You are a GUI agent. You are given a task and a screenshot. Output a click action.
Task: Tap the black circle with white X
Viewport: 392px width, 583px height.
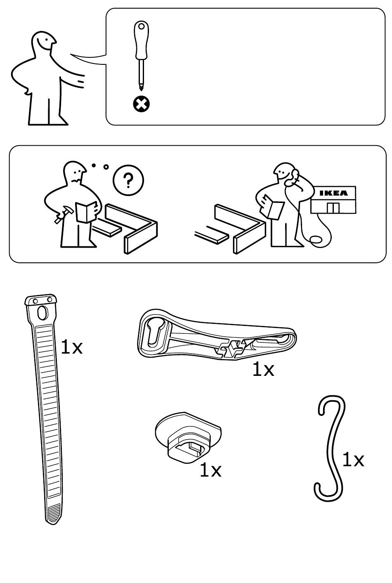point(141,104)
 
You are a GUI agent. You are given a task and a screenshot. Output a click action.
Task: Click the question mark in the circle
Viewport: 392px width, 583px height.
point(128,180)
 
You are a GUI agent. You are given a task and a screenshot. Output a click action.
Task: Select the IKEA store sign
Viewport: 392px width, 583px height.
point(333,193)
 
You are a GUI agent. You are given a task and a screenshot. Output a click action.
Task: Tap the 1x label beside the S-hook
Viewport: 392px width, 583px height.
point(353,460)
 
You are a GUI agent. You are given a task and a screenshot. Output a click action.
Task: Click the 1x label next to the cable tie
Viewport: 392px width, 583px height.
point(71,347)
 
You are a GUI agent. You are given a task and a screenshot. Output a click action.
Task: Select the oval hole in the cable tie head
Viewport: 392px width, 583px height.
point(42,312)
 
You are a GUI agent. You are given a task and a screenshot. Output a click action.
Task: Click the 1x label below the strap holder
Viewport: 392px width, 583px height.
point(263,370)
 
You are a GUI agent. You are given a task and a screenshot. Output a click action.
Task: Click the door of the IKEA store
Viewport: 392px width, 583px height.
point(332,208)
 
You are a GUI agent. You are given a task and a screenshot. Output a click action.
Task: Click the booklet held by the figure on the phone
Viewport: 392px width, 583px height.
point(274,209)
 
